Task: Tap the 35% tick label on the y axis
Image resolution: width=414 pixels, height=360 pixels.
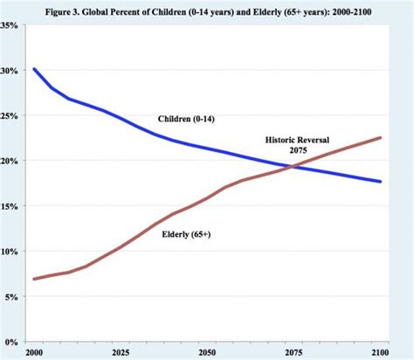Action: coord(10,25)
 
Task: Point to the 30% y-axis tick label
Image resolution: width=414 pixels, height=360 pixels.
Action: coord(10,71)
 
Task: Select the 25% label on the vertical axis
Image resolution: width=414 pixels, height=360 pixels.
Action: coord(10,116)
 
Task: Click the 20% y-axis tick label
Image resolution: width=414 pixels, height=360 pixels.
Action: coord(10,162)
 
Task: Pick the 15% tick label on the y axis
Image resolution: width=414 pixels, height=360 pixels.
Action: coord(10,207)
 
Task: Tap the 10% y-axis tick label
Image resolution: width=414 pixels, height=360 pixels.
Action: coord(10,253)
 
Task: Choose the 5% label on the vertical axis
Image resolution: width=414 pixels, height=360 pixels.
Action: coord(11,297)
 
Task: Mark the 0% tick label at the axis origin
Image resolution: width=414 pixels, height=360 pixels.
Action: coord(11,342)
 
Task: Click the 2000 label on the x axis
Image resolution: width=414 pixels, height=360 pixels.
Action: coord(34,352)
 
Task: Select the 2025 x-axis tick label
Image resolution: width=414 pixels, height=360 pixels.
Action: coord(121,352)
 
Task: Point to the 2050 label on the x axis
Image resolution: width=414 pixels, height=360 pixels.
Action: coord(208,352)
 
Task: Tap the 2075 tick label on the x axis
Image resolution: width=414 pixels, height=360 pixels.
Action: coord(294,352)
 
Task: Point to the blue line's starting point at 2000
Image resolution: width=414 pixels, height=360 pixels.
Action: coord(34,69)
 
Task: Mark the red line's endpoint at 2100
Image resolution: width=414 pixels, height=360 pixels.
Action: coord(381,137)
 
